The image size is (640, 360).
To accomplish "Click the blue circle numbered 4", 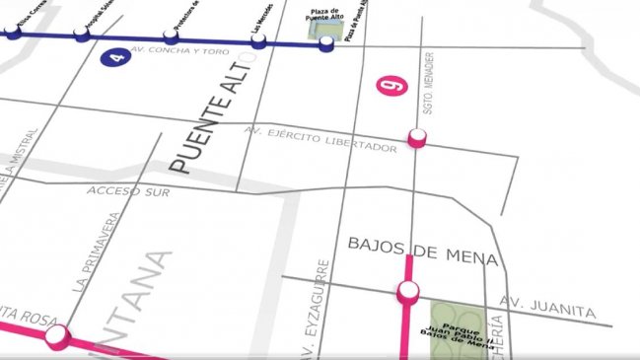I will click(117, 57).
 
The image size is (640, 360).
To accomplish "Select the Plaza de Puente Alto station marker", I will click(325, 42).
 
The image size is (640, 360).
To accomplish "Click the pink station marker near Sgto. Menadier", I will click(416, 139).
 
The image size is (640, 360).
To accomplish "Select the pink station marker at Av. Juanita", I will click(407, 290).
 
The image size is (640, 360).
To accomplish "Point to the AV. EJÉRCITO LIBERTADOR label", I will click(321, 139).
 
